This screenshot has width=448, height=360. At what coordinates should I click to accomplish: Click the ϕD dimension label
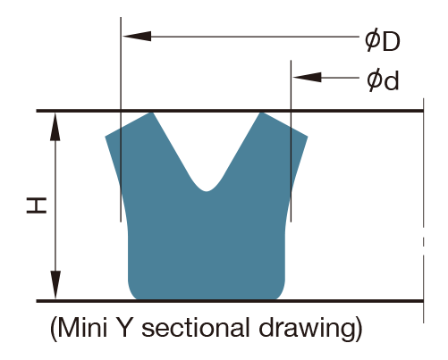[383, 40]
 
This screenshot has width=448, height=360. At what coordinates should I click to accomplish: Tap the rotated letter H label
[37, 205]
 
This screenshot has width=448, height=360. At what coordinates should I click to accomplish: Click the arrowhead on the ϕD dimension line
[137, 37]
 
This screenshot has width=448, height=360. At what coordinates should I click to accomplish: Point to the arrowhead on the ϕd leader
[308, 78]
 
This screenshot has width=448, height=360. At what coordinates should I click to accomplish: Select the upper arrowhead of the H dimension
[55, 127]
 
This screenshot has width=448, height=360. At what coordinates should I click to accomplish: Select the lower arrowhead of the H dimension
[55, 285]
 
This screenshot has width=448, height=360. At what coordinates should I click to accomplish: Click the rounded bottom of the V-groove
[207, 190]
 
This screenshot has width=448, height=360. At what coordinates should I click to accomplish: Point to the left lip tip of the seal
[106, 137]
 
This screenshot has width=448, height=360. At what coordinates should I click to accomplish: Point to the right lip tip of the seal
[308, 137]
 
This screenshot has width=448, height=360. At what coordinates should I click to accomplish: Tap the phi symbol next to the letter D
[373, 40]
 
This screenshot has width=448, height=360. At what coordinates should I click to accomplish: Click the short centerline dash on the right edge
[423, 242]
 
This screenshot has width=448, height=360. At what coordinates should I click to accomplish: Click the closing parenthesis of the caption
[359, 330]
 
